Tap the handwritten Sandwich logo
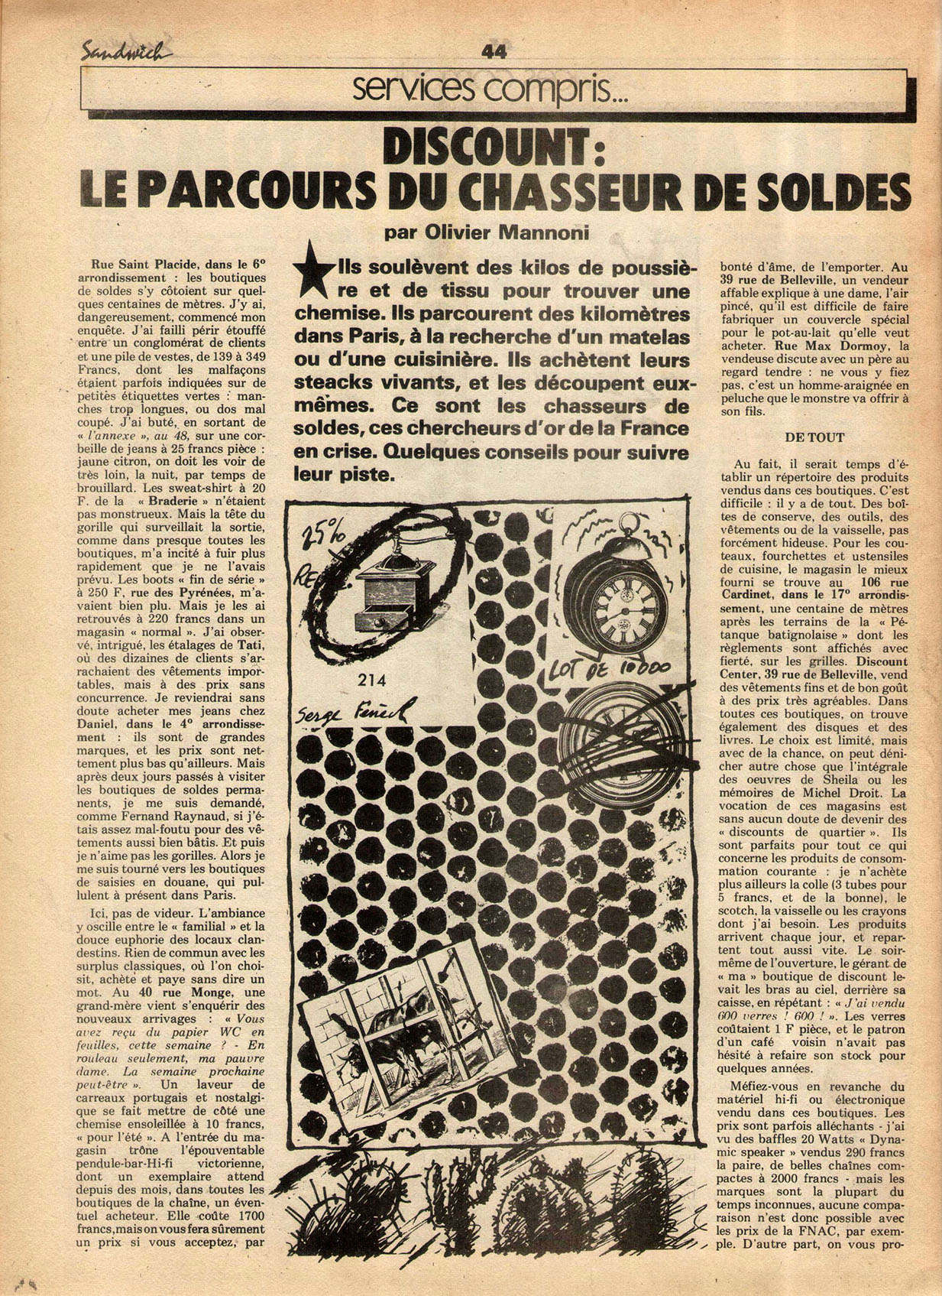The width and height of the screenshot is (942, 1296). point(126,51)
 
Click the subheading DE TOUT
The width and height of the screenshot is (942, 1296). point(814,437)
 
